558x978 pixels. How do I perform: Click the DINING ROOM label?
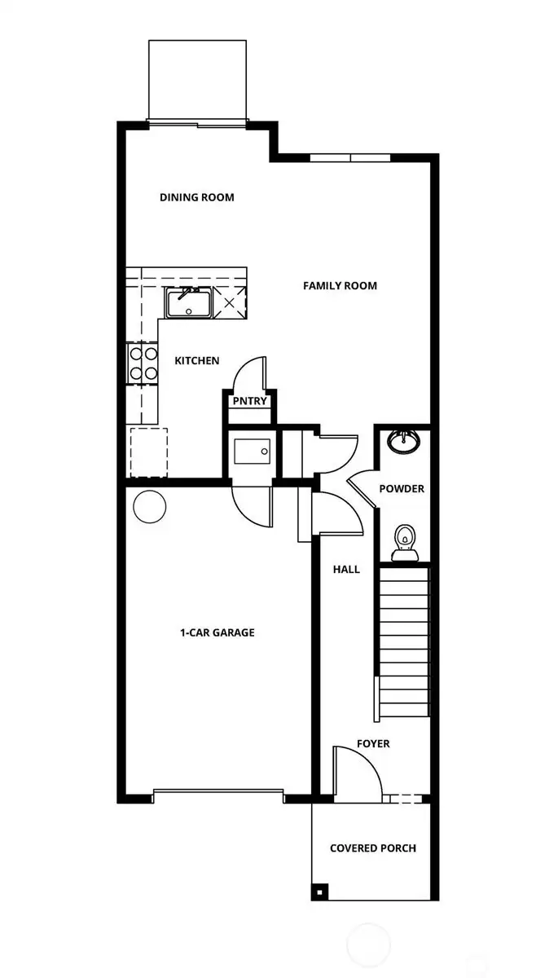pyautogui.click(x=196, y=197)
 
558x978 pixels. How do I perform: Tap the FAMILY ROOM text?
pyautogui.click(x=340, y=286)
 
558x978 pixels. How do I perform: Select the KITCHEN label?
pyautogui.click(x=196, y=360)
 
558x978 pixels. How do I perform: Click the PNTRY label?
pyautogui.click(x=250, y=401)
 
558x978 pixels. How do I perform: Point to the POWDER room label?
pyautogui.click(x=402, y=489)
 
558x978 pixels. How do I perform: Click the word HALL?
pyautogui.click(x=346, y=570)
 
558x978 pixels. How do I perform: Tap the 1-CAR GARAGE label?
pyautogui.click(x=217, y=632)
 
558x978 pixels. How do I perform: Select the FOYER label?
pyautogui.click(x=373, y=744)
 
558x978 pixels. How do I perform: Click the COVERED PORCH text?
pyautogui.click(x=372, y=848)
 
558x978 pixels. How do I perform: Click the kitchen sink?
pyautogui.click(x=189, y=303)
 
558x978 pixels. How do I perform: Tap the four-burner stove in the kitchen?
pyautogui.click(x=142, y=364)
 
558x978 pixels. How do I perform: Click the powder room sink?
pyautogui.click(x=403, y=441)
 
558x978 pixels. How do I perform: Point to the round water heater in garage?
pyautogui.click(x=150, y=507)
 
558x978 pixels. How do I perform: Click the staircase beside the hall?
pyautogui.click(x=403, y=644)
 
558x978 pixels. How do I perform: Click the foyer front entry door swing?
pyautogui.click(x=357, y=774)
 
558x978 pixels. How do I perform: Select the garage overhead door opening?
pyautogui.click(x=217, y=791)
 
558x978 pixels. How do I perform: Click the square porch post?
pyautogui.click(x=319, y=889)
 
